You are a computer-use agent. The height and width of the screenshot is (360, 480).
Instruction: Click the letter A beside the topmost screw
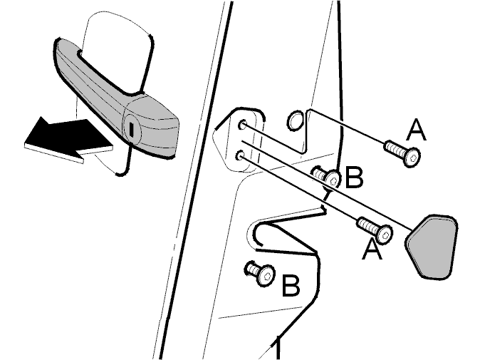pos(417,130)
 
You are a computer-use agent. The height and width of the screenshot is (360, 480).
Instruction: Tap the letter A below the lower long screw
pos(372,250)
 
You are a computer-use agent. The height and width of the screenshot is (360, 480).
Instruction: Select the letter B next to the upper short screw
pos(354,177)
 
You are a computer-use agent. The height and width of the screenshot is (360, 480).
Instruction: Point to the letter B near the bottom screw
pos(291,286)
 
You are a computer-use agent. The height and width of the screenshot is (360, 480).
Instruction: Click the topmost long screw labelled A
pos(402,153)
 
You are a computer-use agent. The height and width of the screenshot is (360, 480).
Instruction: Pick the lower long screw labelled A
pos(375,230)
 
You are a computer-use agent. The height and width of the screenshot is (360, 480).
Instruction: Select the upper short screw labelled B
pos(327,178)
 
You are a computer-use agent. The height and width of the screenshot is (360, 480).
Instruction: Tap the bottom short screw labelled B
pos(261,273)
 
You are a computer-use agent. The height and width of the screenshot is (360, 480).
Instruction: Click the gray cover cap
pos(432,247)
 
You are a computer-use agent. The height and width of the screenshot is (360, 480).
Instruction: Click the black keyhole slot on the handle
pos(131,130)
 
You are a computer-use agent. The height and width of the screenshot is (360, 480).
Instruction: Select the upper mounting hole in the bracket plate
pos(243,125)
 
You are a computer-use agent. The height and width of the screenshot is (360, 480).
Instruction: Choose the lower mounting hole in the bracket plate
pos(240,155)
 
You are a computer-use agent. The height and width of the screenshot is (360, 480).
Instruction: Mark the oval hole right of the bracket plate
pos(295,120)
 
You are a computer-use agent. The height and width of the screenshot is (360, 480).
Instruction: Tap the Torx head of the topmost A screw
pos(412,158)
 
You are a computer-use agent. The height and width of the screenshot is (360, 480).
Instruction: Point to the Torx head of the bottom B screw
pos(266,276)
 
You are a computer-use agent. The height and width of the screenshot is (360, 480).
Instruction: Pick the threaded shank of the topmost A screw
pos(395,149)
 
